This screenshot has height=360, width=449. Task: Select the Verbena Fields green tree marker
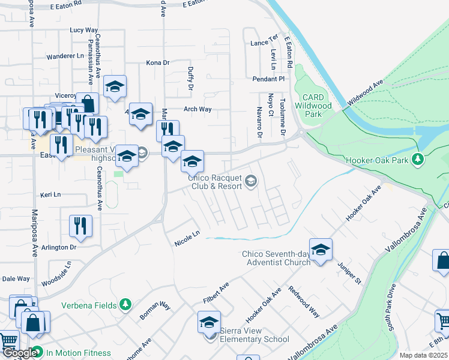pos(125,305)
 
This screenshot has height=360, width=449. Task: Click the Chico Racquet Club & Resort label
pos(217,182)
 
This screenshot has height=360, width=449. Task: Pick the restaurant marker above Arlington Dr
pos(80,226)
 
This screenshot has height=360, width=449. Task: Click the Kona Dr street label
pos(158,62)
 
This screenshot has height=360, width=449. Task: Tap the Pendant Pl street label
pos(268,79)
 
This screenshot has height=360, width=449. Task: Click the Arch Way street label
pos(197,109)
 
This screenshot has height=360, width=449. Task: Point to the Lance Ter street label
pos(264,43)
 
